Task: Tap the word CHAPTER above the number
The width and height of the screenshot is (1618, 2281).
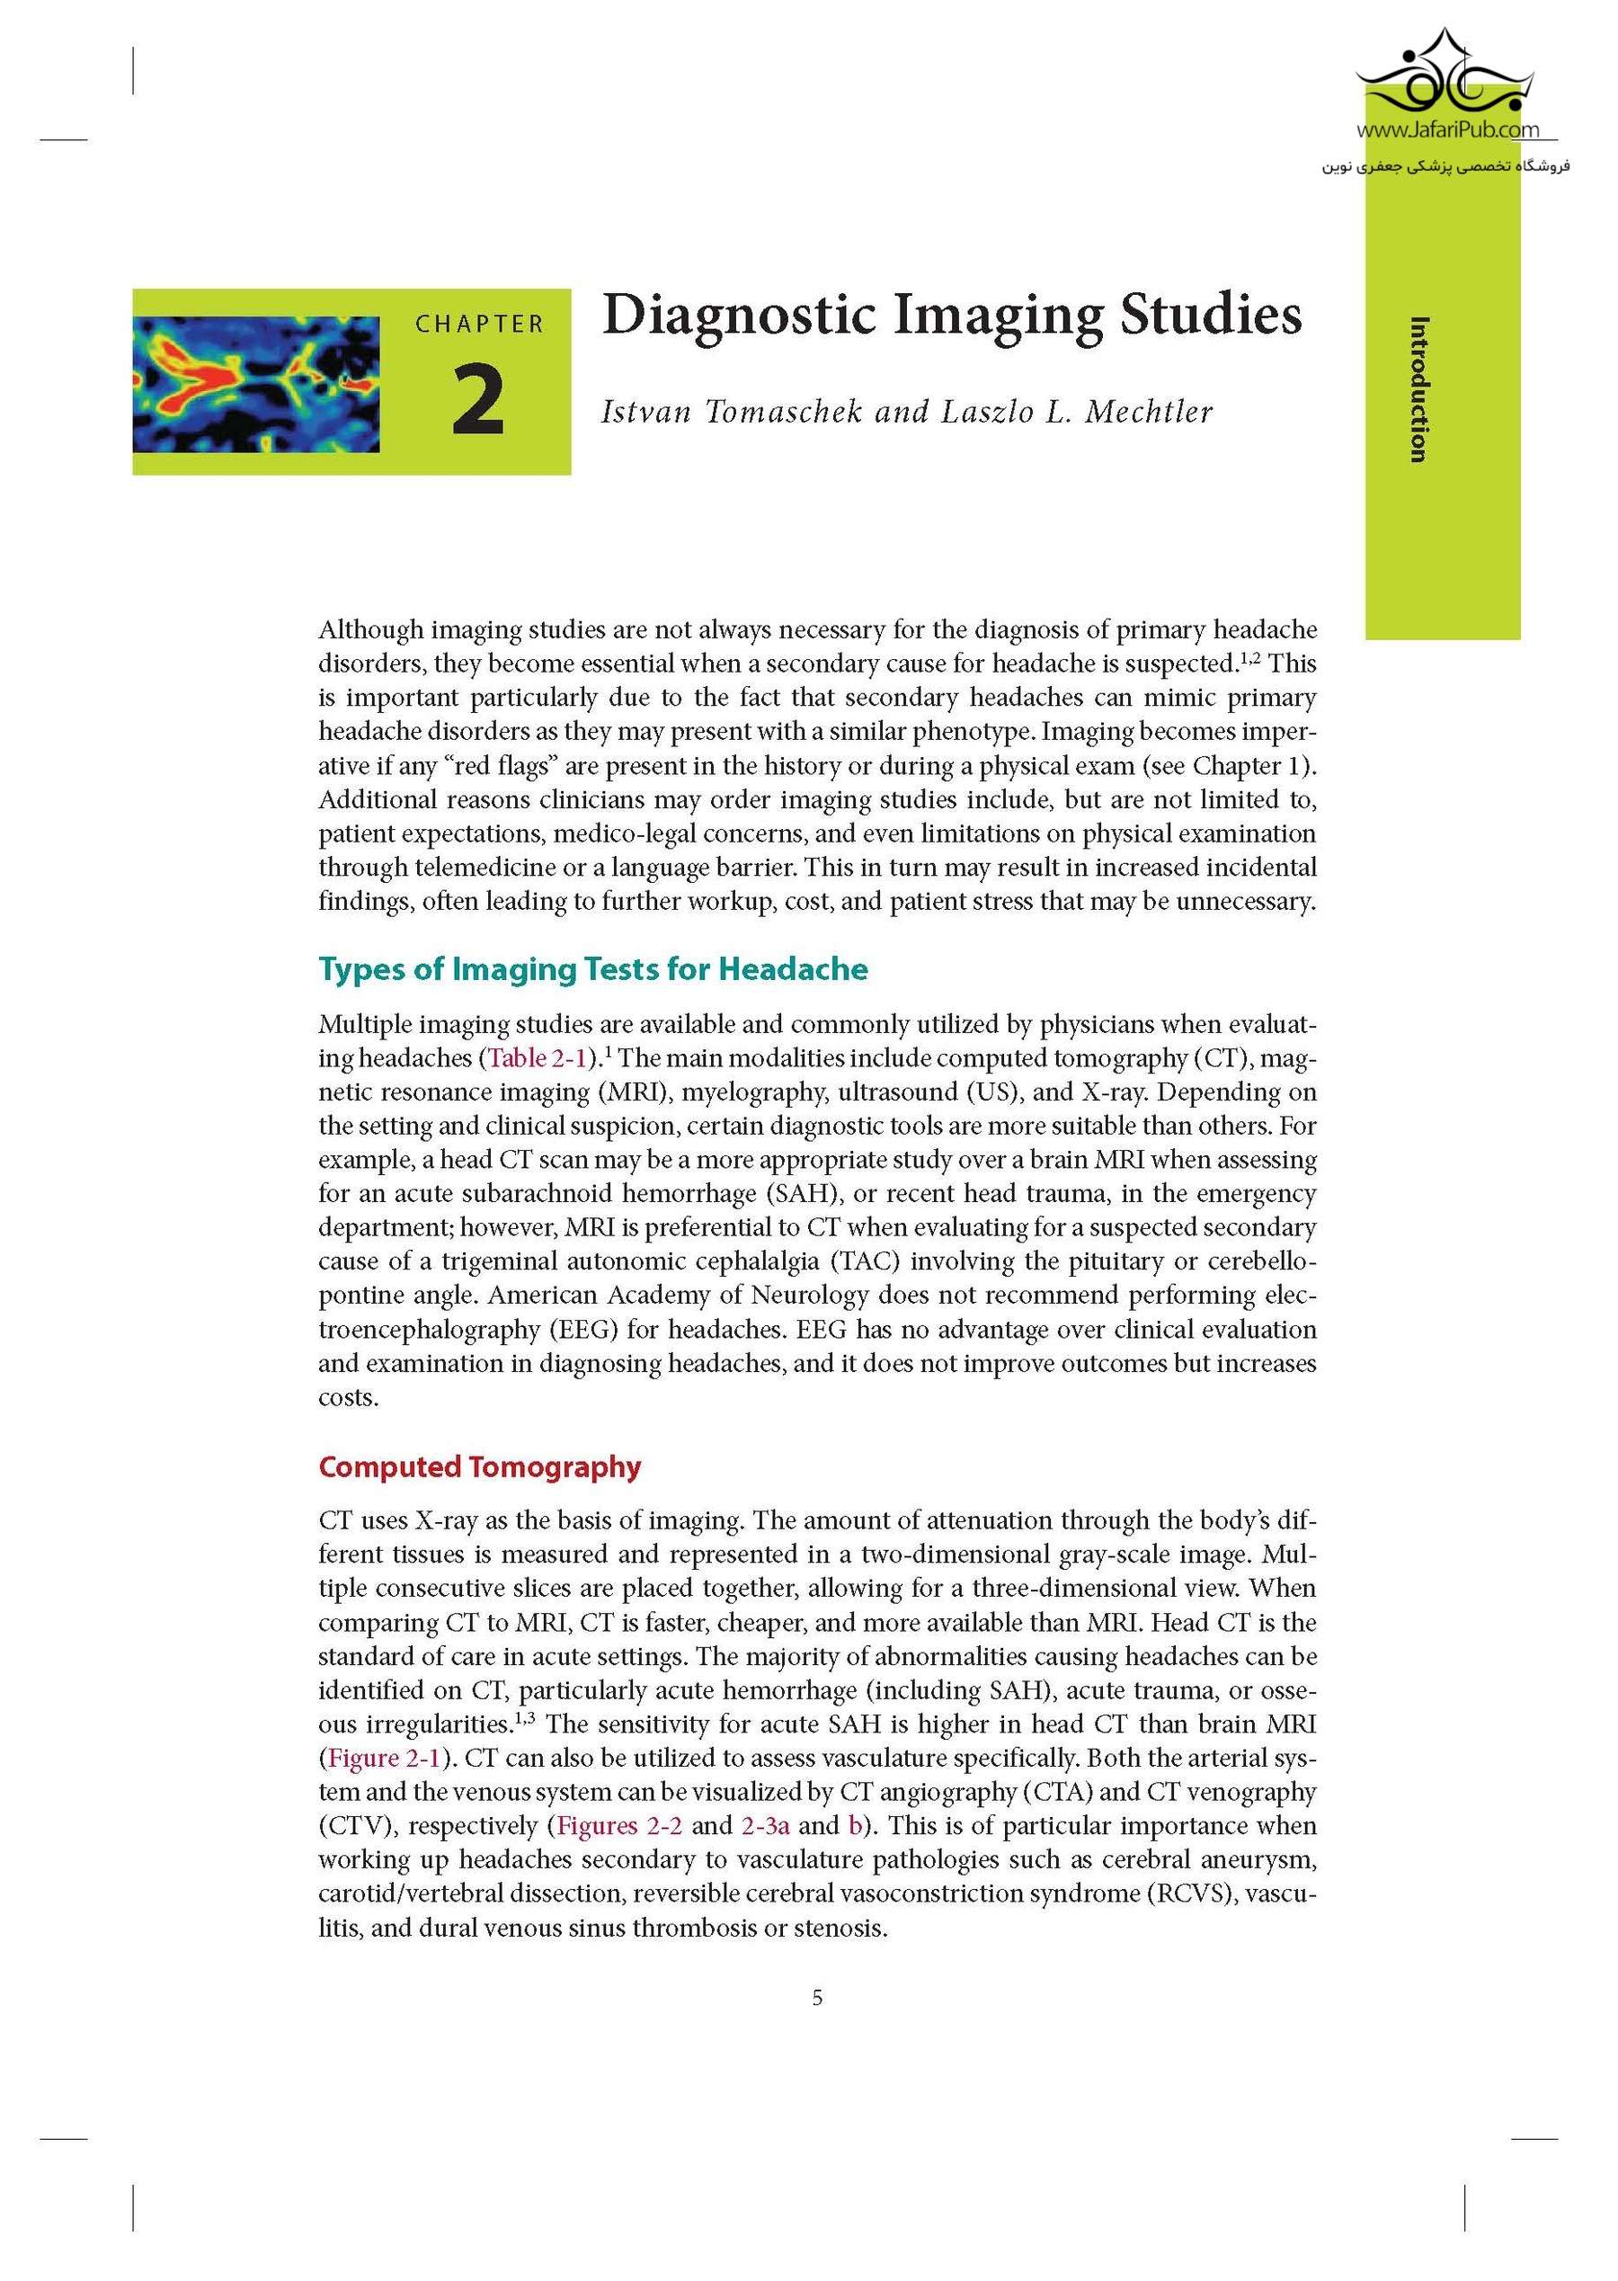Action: tap(480, 325)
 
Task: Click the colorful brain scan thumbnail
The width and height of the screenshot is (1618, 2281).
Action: tap(256, 384)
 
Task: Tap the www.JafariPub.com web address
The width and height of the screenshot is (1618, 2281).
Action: tap(1446, 129)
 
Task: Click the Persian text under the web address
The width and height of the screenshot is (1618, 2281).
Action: tap(1445, 166)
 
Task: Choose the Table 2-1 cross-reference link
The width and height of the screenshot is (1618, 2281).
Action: tap(538, 1057)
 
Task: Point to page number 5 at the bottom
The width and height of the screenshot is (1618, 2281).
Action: tap(817, 1998)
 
